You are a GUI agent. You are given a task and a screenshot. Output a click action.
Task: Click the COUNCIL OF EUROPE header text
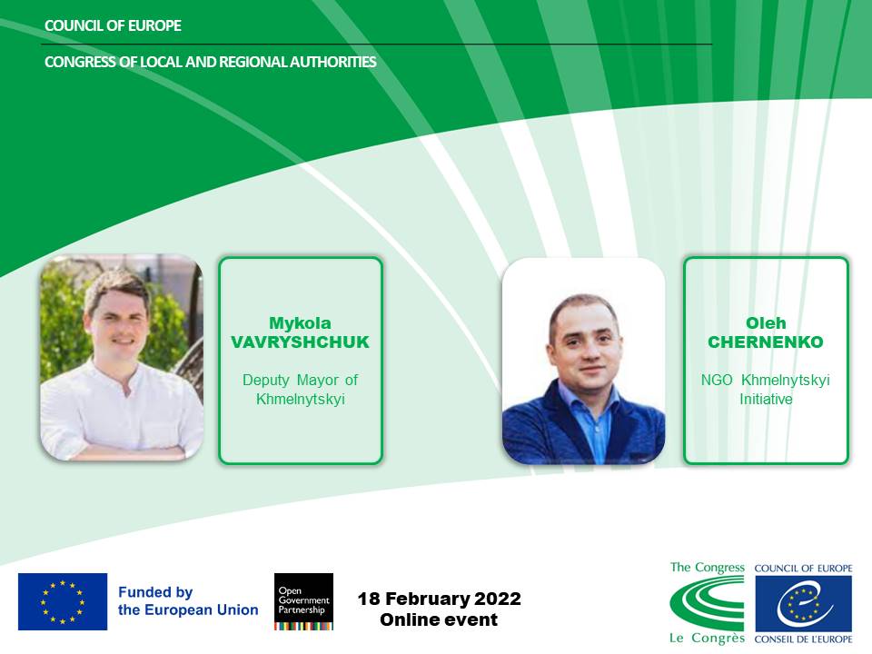pos(113,25)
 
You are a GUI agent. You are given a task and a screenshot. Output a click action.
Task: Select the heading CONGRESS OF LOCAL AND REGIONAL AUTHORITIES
pos(210,62)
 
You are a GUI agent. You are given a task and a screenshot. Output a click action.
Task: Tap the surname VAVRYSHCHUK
pos(301,342)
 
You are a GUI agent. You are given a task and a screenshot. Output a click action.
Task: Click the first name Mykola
pos(301,323)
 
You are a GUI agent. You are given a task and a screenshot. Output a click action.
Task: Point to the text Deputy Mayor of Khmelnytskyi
pos(301,390)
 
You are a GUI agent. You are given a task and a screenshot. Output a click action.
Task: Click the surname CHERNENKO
pos(766,342)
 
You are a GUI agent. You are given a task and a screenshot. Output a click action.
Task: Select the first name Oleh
pos(766,323)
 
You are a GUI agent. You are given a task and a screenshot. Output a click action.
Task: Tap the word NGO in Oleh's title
pos(717,381)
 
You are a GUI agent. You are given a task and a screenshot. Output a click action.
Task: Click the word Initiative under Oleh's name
pos(766,400)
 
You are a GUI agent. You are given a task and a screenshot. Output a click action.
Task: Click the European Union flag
pos(63,601)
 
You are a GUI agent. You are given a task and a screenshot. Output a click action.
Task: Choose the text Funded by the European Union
pos(188,601)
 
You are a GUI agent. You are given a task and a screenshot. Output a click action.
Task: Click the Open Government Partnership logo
pos(303,601)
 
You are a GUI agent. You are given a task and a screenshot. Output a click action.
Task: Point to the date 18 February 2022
pos(440,599)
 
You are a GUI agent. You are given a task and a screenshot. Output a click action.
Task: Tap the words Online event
pos(439,619)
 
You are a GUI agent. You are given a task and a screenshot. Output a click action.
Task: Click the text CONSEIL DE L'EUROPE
pos(803,639)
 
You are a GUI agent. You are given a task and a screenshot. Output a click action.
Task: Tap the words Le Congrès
pos(707,638)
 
